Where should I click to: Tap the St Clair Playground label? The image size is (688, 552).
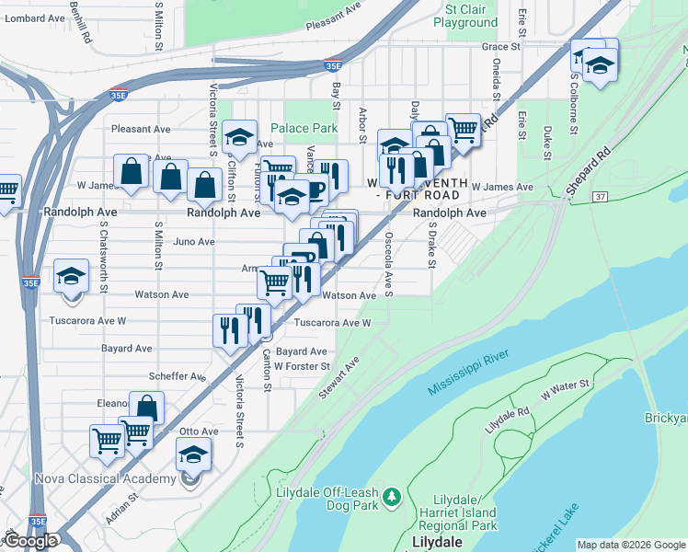(471, 16)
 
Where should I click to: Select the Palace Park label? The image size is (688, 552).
(304, 128)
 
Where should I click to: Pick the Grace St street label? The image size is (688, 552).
(501, 46)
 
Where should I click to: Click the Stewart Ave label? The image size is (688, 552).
(339, 379)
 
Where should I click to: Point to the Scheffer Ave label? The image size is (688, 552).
(178, 376)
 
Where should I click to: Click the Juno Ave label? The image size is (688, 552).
(194, 242)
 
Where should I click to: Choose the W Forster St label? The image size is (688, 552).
(302, 366)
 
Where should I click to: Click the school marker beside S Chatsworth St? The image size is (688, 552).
(71, 279)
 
